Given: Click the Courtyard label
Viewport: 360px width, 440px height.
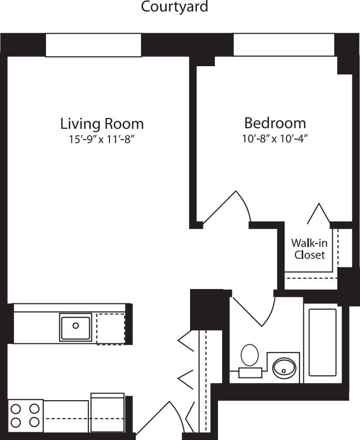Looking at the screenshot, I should [x=175, y=7].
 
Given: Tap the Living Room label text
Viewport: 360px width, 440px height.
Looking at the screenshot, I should [x=102, y=124].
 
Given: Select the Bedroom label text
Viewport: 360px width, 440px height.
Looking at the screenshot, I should [x=275, y=123].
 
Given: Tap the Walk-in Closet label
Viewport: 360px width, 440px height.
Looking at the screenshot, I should [x=309, y=249].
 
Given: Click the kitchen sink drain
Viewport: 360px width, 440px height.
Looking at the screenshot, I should [x=75, y=326].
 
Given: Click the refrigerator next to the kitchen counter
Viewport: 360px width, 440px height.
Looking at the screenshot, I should [x=107, y=412].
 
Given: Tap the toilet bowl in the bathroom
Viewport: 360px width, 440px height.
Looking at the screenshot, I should [x=250, y=355].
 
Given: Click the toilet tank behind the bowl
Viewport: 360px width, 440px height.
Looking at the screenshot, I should [x=250, y=371].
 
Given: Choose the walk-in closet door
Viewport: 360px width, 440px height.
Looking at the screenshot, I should [x=319, y=214].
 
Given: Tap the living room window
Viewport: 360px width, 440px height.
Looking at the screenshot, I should [x=93, y=45].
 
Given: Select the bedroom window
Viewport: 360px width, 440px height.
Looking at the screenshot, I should [x=284, y=45].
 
